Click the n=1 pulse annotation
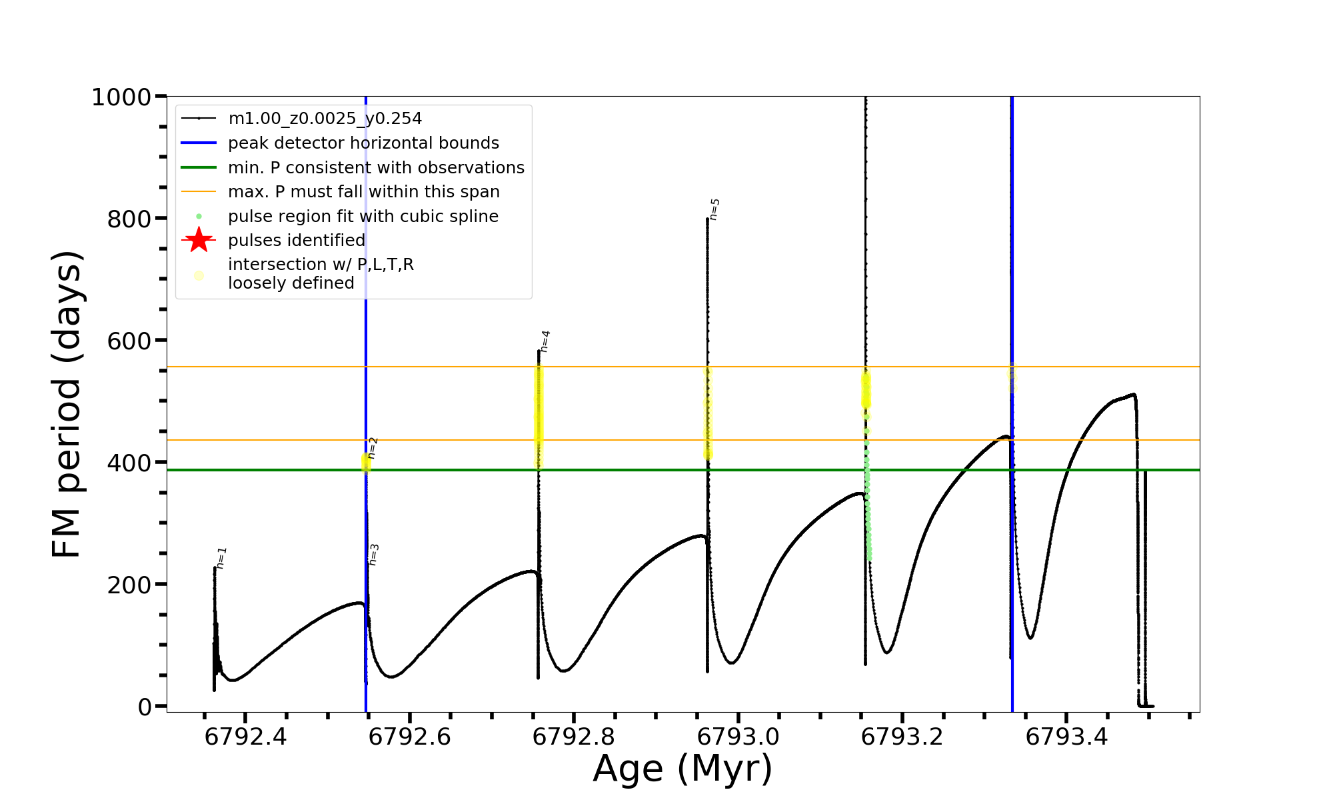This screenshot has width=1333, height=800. coord(222,558)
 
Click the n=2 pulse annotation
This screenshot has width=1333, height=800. coord(373,448)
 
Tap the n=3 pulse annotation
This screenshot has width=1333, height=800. coord(374,555)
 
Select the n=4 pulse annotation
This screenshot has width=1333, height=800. coord(545,341)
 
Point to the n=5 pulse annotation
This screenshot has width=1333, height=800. coord(714,209)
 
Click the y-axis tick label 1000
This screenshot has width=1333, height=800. coord(121,97)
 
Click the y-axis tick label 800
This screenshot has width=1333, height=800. coord(129,219)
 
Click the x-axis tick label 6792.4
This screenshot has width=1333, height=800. coord(246,737)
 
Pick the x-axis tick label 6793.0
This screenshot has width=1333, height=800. coord(738,737)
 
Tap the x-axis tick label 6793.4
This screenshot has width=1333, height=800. coord(1066,737)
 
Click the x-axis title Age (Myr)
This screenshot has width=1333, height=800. coord(682,769)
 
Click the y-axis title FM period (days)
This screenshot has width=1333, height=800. coord(67,404)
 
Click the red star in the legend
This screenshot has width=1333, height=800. coord(199,240)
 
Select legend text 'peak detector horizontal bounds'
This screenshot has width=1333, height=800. coord(363,143)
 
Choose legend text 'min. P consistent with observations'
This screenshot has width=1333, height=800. coord(376,168)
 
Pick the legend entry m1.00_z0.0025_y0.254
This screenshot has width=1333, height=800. coord(325,119)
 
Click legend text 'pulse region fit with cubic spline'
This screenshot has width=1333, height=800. coord(363,217)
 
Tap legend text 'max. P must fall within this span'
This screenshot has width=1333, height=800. coord(364,192)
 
